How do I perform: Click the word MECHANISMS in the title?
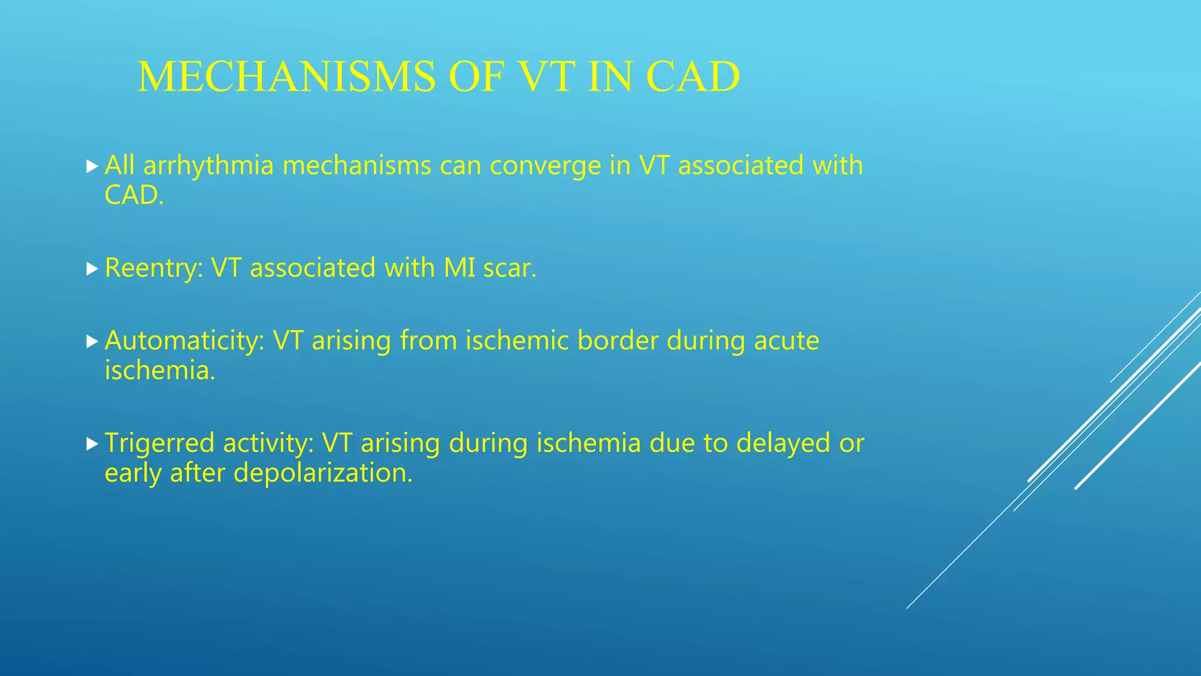pos(286,77)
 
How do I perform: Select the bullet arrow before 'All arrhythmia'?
pos(91,167)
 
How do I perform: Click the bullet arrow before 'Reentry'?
pos(91,269)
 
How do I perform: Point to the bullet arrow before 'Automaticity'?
pos(91,342)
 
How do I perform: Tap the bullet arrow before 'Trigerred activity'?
pos(91,444)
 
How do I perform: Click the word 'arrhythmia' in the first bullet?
pos(208,166)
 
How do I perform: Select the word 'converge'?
pos(545,166)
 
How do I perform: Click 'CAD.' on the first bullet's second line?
pos(134,195)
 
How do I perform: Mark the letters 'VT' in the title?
pos(545,77)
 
